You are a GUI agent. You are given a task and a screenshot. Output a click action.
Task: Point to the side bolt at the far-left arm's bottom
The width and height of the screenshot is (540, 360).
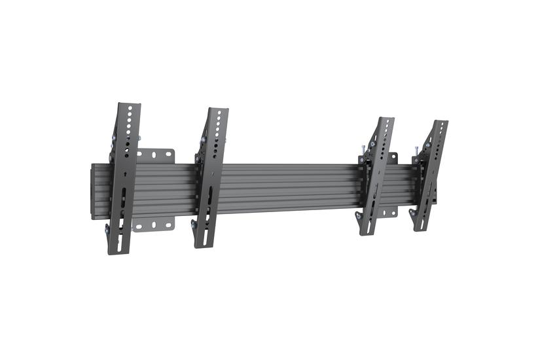point(108,228)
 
